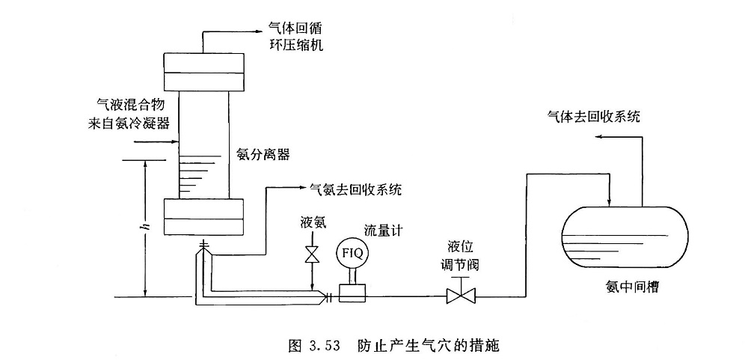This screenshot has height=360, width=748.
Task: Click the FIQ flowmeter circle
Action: [352, 253]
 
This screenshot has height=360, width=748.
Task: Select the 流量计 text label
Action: [384, 231]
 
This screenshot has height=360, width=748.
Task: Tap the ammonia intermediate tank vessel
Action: [625, 236]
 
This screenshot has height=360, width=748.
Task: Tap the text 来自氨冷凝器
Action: [126, 123]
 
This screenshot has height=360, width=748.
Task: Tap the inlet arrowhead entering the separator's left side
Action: [174, 141]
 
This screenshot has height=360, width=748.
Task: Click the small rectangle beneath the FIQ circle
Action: [352, 293]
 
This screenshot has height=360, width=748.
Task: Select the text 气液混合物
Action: [126, 105]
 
